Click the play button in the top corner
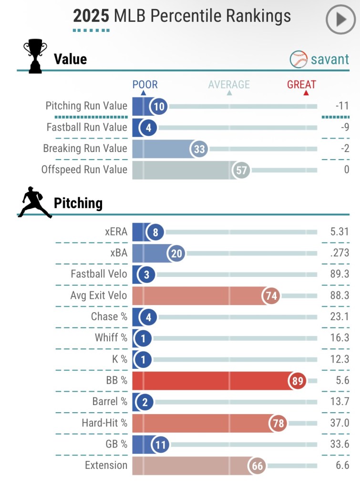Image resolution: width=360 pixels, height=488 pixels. tap(340, 20)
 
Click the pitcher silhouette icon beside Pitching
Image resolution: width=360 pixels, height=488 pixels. tap(34, 203)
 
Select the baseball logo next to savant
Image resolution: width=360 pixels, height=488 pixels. tap(298, 59)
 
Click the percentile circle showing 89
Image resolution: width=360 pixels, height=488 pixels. tap(297, 381)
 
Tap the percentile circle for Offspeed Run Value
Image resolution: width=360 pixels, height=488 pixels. tap(242, 170)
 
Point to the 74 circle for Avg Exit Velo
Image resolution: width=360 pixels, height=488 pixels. tap(271, 296)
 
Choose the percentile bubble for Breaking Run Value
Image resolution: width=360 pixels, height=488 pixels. tap(199, 149)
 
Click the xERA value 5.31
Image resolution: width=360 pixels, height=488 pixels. tap(339, 232)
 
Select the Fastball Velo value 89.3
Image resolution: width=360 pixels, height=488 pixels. tap(339, 274)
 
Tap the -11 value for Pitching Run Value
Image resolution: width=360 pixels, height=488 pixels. tap(342, 106)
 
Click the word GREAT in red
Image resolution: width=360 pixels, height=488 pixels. tap(301, 85)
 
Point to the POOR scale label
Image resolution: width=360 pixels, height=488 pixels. tap(145, 85)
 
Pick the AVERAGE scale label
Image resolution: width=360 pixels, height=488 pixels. tap(229, 85)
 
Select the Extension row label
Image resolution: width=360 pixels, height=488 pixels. tap(106, 465)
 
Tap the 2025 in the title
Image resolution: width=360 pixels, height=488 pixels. tap(91, 16)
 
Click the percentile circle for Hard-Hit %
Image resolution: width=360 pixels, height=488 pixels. tap(278, 423)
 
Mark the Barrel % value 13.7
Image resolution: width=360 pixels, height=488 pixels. tap(339, 402)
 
